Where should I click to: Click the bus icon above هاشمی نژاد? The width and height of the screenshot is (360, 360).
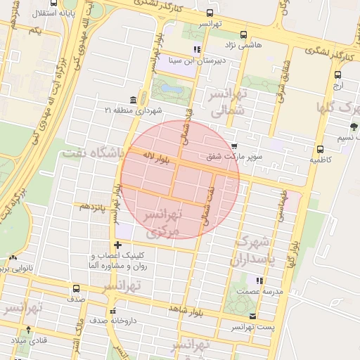click(244, 34)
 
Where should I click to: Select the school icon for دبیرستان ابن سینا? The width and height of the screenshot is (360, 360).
click(198, 49)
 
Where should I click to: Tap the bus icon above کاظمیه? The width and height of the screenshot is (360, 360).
click(320, 149)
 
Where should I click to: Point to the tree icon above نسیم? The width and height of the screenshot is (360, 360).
click(352, 127)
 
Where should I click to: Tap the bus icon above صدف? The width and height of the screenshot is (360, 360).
click(76, 288)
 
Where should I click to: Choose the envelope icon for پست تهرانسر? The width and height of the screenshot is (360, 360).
click(253, 316)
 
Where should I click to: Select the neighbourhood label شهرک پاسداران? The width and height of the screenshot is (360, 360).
click(250, 250)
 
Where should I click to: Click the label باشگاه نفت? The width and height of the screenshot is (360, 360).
click(92, 152)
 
